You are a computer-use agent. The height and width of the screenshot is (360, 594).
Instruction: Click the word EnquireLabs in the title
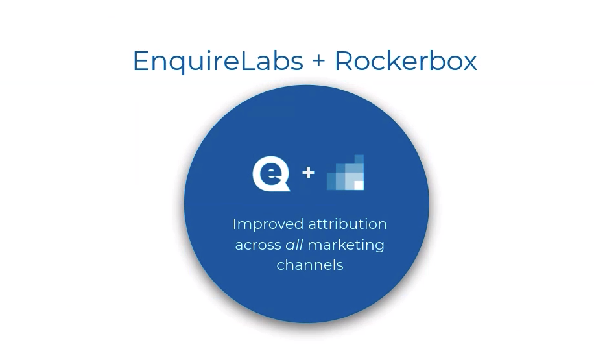(x=218, y=61)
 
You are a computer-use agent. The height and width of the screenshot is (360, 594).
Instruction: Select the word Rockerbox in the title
(x=405, y=61)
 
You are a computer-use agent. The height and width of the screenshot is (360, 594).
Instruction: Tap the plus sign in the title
(x=318, y=62)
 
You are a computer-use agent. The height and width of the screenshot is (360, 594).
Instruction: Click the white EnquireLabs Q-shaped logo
(x=270, y=174)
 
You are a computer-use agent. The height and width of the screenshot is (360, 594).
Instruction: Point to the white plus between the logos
(x=309, y=173)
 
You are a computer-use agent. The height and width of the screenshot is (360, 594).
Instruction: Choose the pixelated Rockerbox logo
(x=346, y=173)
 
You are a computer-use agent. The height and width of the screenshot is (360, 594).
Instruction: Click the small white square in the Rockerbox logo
(x=359, y=186)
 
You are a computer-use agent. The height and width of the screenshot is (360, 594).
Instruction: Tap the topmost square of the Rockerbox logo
(x=359, y=160)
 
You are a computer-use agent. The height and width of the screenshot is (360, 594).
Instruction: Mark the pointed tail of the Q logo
(x=285, y=188)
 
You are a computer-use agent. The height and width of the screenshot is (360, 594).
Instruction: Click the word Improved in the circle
(x=259, y=224)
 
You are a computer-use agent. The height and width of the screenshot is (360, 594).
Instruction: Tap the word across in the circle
(x=257, y=245)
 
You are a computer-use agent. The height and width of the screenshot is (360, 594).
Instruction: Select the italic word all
(x=294, y=245)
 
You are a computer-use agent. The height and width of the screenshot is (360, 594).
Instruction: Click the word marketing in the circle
(x=346, y=245)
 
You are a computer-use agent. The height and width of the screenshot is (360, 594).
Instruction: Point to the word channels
(x=310, y=265)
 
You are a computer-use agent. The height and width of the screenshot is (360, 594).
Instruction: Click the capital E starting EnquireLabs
(x=141, y=61)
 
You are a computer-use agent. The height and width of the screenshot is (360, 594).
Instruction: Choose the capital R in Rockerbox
(x=344, y=61)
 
